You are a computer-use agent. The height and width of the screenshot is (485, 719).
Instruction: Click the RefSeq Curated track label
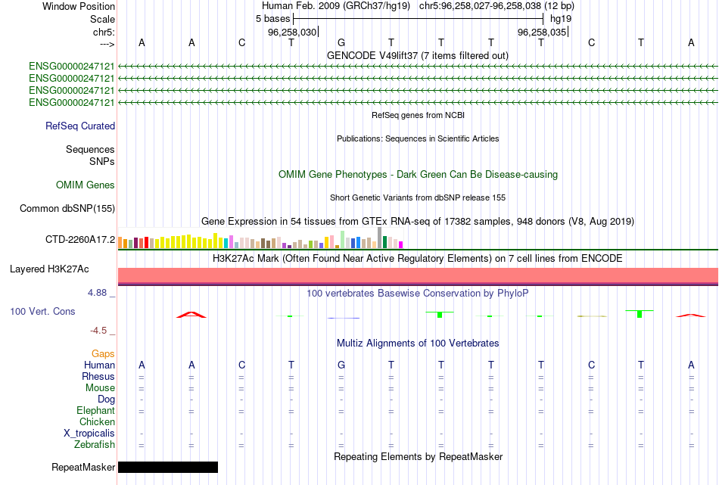click(x=80, y=126)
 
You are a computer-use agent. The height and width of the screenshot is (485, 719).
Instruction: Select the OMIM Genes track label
click(x=85, y=185)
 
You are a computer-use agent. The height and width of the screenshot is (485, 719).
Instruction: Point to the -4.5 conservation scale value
click(x=100, y=330)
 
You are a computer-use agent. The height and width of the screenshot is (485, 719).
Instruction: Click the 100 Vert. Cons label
click(x=42, y=311)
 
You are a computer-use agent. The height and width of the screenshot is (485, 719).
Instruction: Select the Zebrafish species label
click(x=94, y=445)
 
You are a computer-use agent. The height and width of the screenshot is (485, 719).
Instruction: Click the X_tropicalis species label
click(x=89, y=433)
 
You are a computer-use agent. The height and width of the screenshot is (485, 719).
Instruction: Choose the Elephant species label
click(x=95, y=411)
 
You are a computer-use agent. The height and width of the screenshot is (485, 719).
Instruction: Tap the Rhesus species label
click(x=98, y=377)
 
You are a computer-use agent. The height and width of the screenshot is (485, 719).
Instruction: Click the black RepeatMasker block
click(x=168, y=467)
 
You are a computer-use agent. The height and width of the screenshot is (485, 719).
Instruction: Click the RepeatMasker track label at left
click(x=83, y=467)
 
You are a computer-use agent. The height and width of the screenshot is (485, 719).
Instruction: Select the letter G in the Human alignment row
click(x=341, y=365)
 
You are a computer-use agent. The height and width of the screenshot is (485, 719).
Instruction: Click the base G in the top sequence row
click(x=341, y=42)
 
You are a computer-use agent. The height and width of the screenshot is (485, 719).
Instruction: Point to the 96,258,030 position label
click(x=292, y=33)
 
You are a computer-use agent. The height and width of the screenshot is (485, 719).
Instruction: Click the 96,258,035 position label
click(x=541, y=33)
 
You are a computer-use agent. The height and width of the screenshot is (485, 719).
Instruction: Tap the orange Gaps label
click(x=103, y=353)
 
